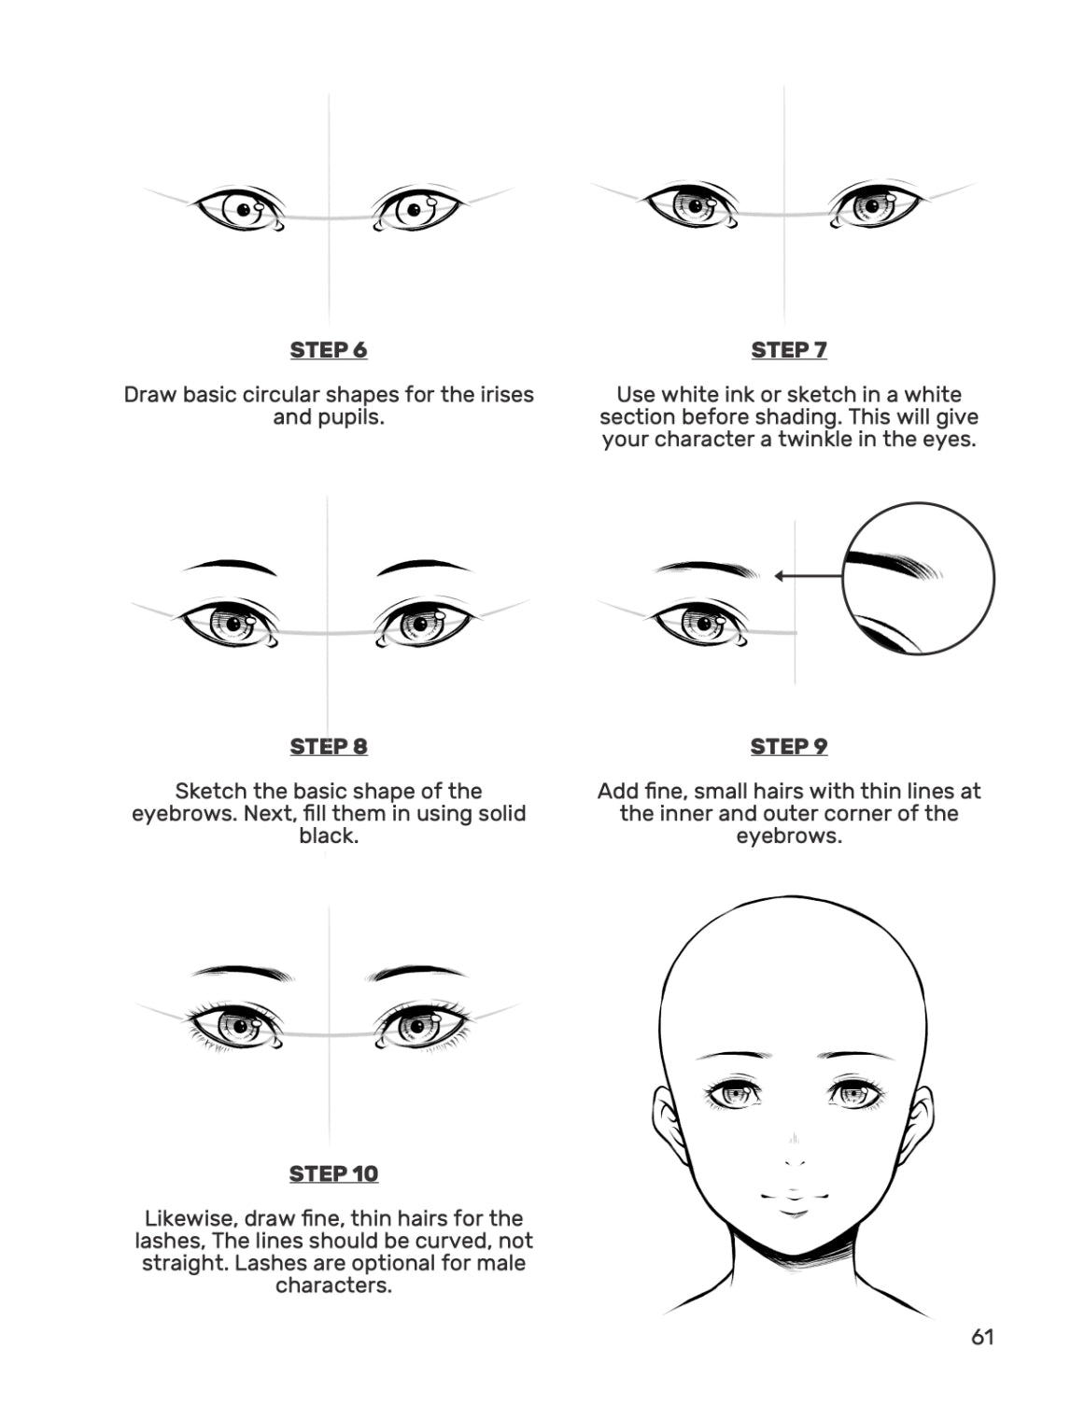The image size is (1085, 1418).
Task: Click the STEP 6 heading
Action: (329, 349)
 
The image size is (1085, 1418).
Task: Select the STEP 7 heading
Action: (788, 349)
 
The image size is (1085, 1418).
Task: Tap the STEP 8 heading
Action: (329, 746)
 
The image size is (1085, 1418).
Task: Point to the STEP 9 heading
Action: (788, 746)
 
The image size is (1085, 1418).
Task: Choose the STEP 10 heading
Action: (333, 1173)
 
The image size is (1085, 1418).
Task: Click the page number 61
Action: (982, 1337)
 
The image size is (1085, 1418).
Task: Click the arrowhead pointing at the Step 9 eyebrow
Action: (780, 576)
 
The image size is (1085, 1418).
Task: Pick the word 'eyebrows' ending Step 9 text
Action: (788, 835)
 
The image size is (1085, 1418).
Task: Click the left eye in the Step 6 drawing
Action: (238, 209)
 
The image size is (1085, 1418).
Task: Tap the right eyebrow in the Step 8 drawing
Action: (424, 568)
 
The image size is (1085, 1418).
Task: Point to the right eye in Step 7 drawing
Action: (875, 205)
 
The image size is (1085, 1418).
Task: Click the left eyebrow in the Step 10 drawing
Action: (243, 973)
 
